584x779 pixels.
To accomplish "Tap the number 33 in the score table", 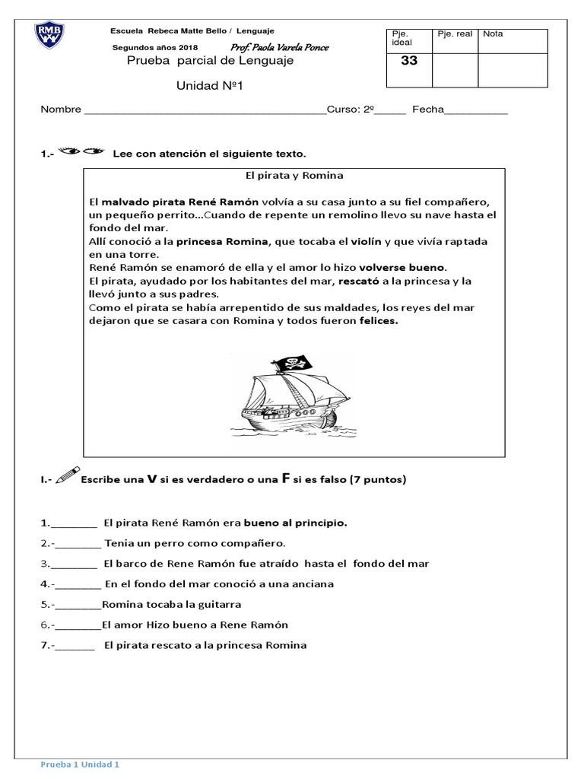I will pos(409,62).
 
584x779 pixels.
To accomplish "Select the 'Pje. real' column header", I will pos(454,34).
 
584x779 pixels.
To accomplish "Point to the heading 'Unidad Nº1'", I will pos(208,85).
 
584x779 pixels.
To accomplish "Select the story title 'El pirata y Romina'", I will pos(294,175).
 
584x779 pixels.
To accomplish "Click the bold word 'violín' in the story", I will pos(366,241).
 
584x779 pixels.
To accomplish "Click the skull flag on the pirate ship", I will pos(294,365).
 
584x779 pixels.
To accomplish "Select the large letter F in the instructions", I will pos(287,479).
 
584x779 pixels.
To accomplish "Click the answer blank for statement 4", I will pos(78,584).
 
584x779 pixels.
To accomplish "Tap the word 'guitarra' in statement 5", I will pos(217,605).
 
